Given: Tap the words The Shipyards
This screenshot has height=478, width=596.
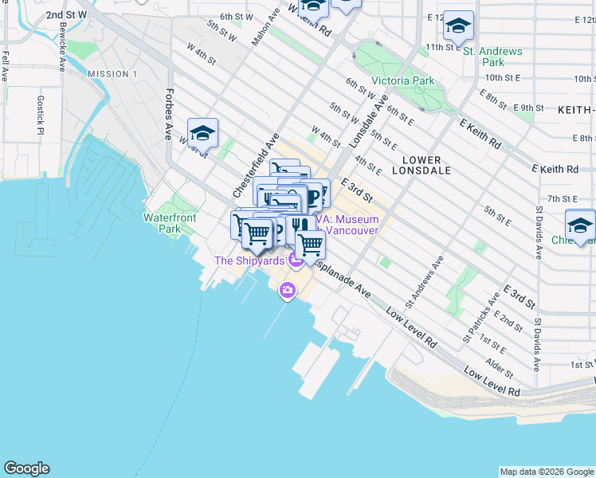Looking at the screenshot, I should click(x=249, y=261).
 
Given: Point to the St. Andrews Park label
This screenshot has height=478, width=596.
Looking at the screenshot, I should click(x=492, y=57).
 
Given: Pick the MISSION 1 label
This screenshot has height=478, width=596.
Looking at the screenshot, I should click(x=112, y=74).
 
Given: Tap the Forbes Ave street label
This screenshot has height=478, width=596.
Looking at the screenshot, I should click(x=169, y=113).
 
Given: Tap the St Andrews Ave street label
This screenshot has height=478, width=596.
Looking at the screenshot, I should click(x=424, y=281).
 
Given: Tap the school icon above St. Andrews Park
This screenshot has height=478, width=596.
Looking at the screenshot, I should click(x=458, y=25).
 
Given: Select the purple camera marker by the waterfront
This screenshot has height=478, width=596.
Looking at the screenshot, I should click(x=287, y=292).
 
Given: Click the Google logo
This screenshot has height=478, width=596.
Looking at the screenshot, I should click(x=26, y=468).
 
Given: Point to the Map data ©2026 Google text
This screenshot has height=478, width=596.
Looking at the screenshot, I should click(x=546, y=472).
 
